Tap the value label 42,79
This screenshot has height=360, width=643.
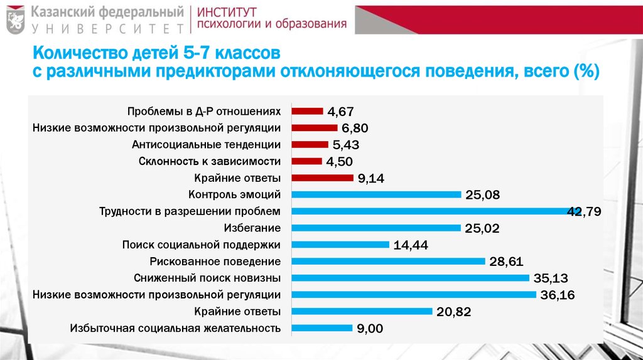(x=584, y=211)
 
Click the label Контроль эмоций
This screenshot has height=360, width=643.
(x=234, y=194)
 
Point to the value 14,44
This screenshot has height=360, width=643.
(x=411, y=245)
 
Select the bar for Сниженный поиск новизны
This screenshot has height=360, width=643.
(x=411, y=277)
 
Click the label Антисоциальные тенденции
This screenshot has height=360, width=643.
(x=206, y=144)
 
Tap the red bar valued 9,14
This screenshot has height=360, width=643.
(x=323, y=177)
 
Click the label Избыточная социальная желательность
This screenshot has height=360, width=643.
(x=175, y=327)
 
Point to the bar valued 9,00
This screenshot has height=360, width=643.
(x=322, y=327)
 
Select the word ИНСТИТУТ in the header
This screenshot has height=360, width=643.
(x=229, y=11)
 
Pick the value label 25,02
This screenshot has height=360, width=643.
(x=482, y=228)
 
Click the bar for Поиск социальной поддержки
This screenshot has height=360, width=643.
(x=341, y=244)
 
